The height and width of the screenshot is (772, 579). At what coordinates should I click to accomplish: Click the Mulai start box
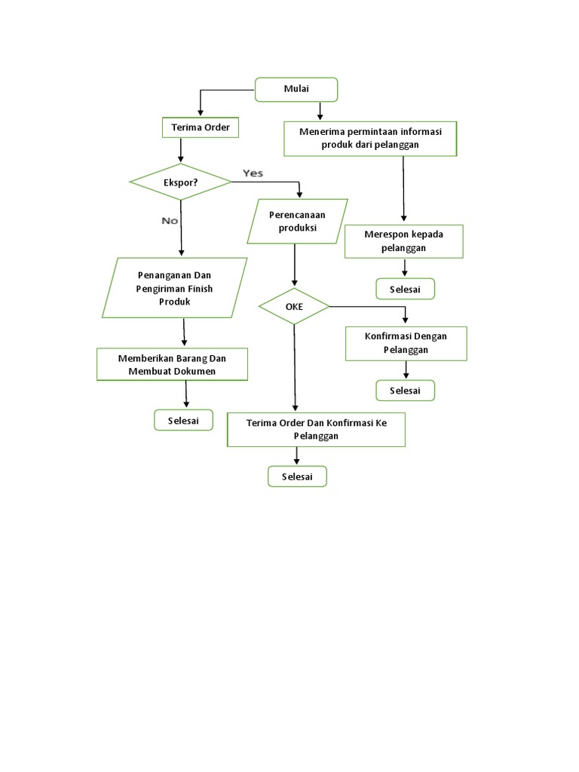pos(296,90)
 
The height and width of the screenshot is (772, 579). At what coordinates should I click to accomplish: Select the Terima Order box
pos(201,128)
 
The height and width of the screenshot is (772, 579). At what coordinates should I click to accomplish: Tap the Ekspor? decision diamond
pos(180,182)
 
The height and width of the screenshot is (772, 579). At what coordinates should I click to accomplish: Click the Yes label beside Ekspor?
pos(253,173)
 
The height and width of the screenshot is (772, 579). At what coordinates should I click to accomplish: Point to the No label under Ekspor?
pos(170,221)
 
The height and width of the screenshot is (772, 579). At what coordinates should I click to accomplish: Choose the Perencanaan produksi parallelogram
pos(297,221)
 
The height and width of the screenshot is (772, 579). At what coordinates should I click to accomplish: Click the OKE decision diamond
pos(294,307)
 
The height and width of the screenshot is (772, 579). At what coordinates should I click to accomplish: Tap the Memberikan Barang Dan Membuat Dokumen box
pos(172,364)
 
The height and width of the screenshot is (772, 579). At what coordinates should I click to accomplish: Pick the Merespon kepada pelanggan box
pos(403,240)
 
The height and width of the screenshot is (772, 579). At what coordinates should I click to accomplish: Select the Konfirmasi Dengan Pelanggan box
pos(406,343)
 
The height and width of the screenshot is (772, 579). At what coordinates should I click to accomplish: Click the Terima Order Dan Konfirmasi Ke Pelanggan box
pos(316,430)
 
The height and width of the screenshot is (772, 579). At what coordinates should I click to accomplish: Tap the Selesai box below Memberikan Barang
pos(183,421)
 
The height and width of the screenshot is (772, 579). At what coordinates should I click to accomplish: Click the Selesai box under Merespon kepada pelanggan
pos(406,289)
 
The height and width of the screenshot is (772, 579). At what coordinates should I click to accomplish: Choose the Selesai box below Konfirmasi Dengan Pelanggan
pos(406,390)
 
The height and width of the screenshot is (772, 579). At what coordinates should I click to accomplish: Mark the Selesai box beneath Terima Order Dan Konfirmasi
pos(298,476)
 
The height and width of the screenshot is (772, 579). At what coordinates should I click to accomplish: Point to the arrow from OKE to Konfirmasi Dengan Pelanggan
pos(369,307)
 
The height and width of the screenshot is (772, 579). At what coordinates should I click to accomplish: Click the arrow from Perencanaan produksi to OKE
pos(294,265)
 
